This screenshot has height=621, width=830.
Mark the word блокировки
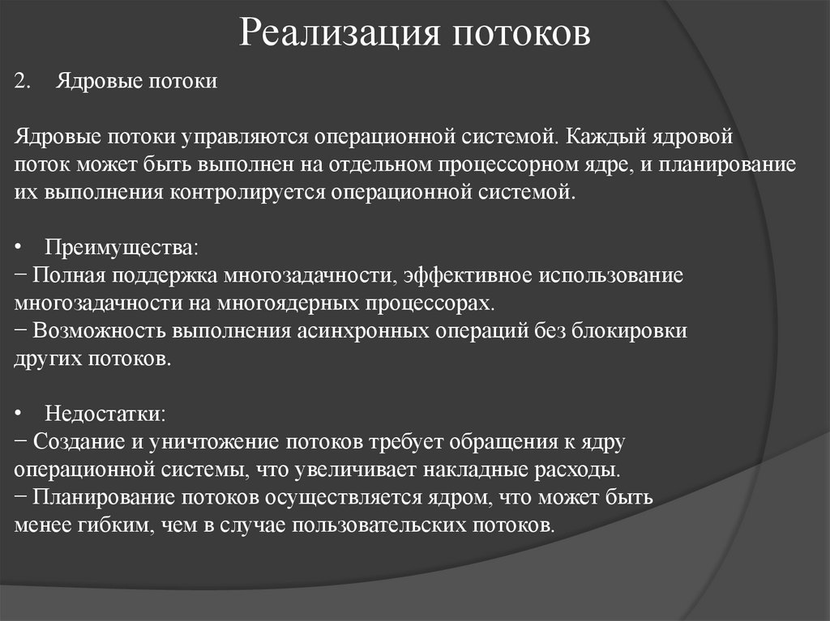coord(635,331)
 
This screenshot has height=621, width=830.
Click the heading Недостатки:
coord(105,414)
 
